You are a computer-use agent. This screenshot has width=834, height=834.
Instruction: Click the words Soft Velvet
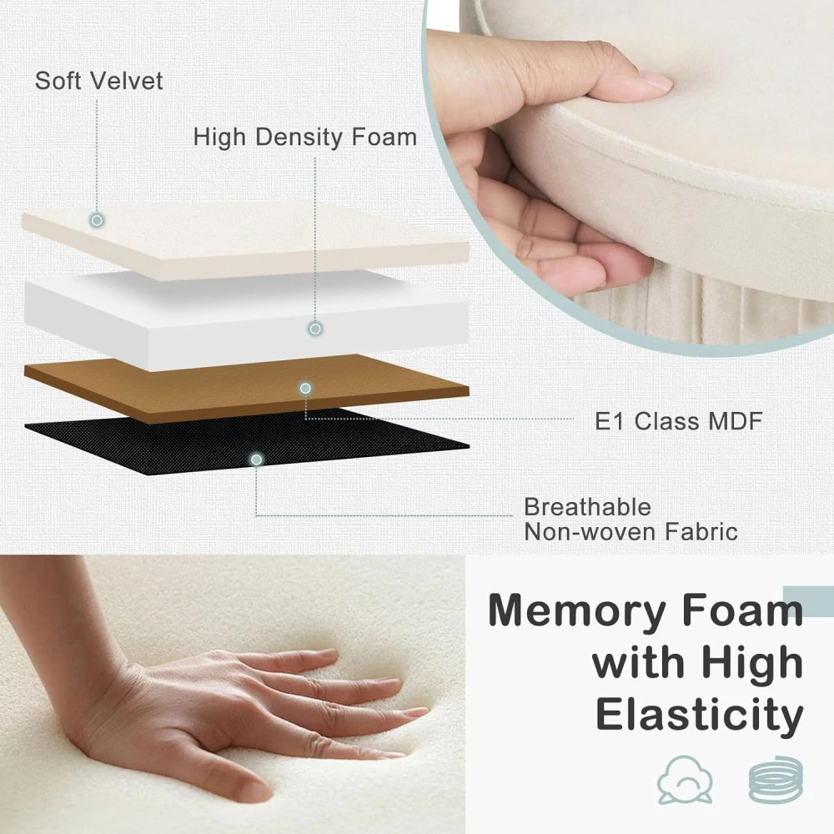pyautogui.click(x=99, y=81)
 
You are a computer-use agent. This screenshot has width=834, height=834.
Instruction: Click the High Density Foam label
pyautogui.click(x=304, y=137)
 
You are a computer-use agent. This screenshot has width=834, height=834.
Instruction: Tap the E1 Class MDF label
pyautogui.click(x=679, y=421)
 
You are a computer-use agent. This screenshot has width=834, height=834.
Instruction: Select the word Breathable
pyautogui.click(x=587, y=507)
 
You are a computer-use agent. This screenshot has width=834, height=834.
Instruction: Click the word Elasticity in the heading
pyautogui.click(x=700, y=716)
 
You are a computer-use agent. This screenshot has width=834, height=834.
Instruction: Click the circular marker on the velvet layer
pyautogui.click(x=97, y=219)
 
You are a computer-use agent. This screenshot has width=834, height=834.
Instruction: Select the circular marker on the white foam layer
pyautogui.click(x=315, y=329)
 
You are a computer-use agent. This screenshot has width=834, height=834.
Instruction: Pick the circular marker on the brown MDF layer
pyautogui.click(x=305, y=389)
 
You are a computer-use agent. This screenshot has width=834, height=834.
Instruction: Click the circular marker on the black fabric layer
pyautogui.click(x=256, y=460)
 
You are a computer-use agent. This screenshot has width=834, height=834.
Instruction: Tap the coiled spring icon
pyautogui.click(x=776, y=780)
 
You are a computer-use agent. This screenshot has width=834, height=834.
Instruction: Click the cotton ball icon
pyautogui.click(x=685, y=780)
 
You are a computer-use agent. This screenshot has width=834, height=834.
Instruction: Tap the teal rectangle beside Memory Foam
pyautogui.click(x=808, y=601)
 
